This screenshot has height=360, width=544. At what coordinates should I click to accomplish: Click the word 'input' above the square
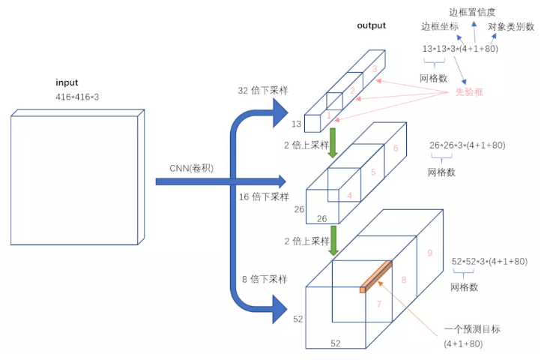pyautogui.click(x=67, y=82)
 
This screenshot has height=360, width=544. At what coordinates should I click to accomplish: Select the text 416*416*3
pyautogui.click(x=76, y=97)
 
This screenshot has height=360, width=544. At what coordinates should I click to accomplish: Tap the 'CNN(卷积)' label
pyautogui.click(x=191, y=169)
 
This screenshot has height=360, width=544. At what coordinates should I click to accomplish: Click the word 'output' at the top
pyautogui.click(x=372, y=25)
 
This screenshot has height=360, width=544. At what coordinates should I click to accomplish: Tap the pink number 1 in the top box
pyautogui.click(x=327, y=115)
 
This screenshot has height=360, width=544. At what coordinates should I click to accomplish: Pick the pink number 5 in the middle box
pyautogui.click(x=373, y=172)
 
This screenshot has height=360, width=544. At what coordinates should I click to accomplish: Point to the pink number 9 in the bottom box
pyautogui.click(x=429, y=253)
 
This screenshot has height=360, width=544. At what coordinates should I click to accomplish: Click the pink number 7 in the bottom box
pyautogui.click(x=379, y=304)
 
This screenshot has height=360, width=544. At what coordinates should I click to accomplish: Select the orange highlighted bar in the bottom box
pyautogui.click(x=376, y=276)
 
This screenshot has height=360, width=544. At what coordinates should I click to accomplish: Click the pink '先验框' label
pyautogui.click(x=471, y=92)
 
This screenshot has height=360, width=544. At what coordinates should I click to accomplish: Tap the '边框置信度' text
pyautogui.click(x=472, y=13)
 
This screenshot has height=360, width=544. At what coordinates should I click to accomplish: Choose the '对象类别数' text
pyautogui.click(x=511, y=27)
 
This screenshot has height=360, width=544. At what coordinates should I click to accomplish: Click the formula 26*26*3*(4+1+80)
pyautogui.click(x=467, y=145)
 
